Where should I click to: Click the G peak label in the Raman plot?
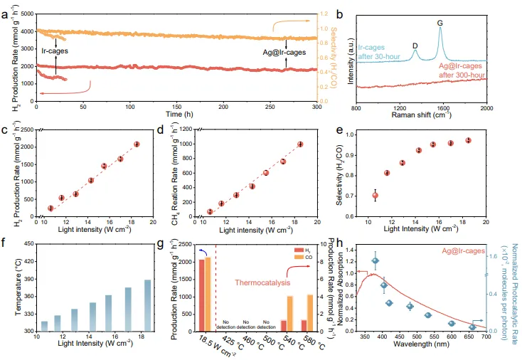440,23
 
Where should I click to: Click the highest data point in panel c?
137,144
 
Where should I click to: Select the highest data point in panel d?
299,144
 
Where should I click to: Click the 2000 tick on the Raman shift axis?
487,107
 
